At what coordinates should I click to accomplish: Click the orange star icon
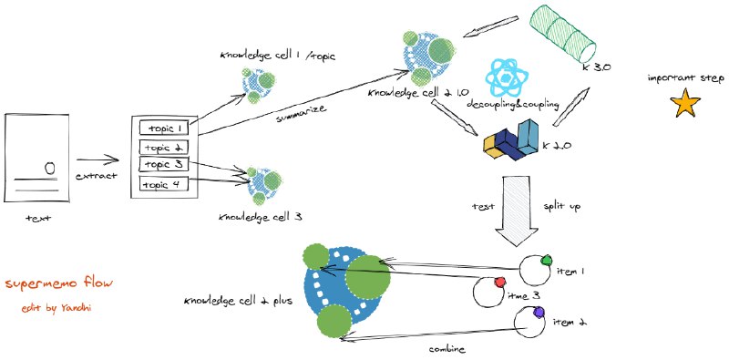pyautogui.click(x=685, y=105)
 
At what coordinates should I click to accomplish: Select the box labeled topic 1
pyautogui.click(x=163, y=128)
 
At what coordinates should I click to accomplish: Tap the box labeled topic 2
pyautogui.click(x=163, y=147)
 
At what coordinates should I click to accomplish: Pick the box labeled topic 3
pyautogui.click(x=163, y=164)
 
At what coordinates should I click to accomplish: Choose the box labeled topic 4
pyautogui.click(x=163, y=185)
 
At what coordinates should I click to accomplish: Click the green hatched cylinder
pyautogui.click(x=562, y=33)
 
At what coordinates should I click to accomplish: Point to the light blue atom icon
pyautogui.click(x=507, y=77)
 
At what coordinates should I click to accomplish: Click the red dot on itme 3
pyautogui.click(x=499, y=282)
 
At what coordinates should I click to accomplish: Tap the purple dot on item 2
pyautogui.click(x=539, y=312)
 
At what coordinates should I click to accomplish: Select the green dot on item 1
pyautogui.click(x=547, y=260)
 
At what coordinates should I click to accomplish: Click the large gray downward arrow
pyautogui.click(x=517, y=211)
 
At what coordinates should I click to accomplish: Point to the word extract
pyautogui.click(x=97, y=176)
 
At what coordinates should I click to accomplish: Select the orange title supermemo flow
pyautogui.click(x=59, y=283)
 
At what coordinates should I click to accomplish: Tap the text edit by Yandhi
pyautogui.click(x=56, y=308)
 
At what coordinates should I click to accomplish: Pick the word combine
pyautogui.click(x=447, y=349)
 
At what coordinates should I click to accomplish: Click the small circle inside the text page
pyautogui.click(x=50, y=168)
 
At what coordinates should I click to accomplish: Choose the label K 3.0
pyautogui.click(x=596, y=67)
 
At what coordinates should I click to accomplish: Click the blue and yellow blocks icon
pyautogui.click(x=511, y=139)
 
